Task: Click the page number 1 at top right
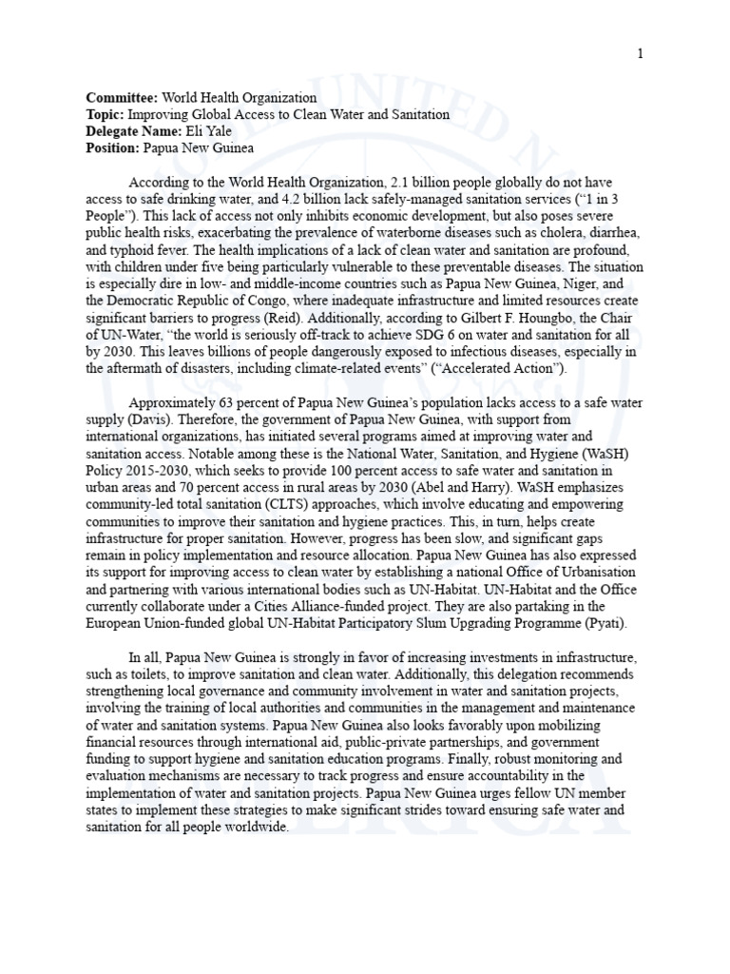pyautogui.click(x=641, y=53)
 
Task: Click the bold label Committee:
pyautogui.click(x=122, y=98)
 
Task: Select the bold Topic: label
pyautogui.click(x=105, y=114)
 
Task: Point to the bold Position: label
pyautogui.click(x=112, y=148)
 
